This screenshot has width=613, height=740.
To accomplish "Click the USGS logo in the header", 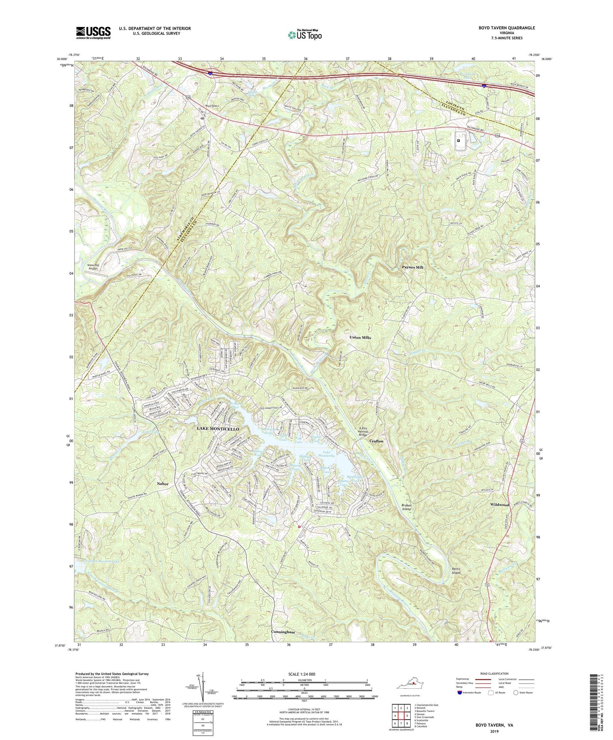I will coord(93,33).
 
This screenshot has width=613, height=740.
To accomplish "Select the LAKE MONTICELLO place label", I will coord(220,429).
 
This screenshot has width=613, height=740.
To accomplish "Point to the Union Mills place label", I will coord(360,337).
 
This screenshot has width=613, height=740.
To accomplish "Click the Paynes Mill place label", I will coord(413,267).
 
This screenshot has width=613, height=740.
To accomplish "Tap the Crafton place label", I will coord(376,441).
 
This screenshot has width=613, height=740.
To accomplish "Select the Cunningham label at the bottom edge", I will coord(283,632).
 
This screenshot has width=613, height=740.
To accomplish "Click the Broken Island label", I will coord(406,507).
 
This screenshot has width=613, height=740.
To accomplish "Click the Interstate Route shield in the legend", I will coord(460,693).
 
